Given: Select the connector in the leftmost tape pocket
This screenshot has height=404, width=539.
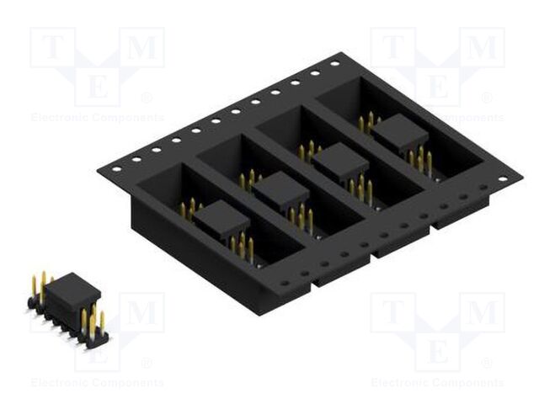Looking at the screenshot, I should pos(221,220).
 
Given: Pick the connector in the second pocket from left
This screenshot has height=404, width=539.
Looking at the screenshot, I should pos(280,191).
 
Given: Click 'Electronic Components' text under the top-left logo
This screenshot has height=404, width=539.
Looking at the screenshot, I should pos(97,118).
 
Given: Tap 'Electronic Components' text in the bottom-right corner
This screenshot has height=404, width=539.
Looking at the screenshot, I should pos(437,383).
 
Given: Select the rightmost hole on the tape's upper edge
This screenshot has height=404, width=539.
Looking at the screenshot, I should pos(334,64).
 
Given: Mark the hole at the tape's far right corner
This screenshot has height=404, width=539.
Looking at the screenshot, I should pos(503,178).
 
